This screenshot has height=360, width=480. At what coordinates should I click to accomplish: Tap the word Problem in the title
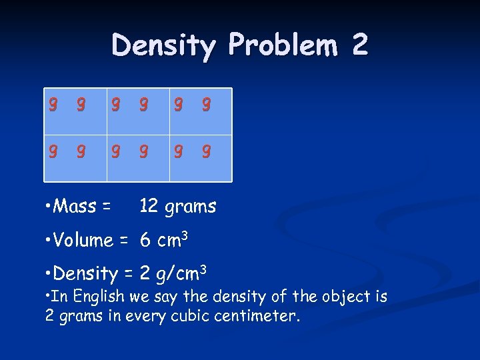pos(283,45)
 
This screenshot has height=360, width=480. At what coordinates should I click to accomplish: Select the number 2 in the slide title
pos(359,45)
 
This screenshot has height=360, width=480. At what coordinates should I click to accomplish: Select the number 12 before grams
pos(148,207)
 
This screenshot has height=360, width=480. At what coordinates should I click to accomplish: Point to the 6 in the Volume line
pos(145,241)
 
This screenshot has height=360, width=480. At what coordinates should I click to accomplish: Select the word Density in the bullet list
pos(85,273)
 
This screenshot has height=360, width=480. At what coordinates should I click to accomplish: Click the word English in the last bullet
pos(100,296)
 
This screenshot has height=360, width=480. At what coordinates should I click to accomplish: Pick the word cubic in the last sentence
pos(183,316)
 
